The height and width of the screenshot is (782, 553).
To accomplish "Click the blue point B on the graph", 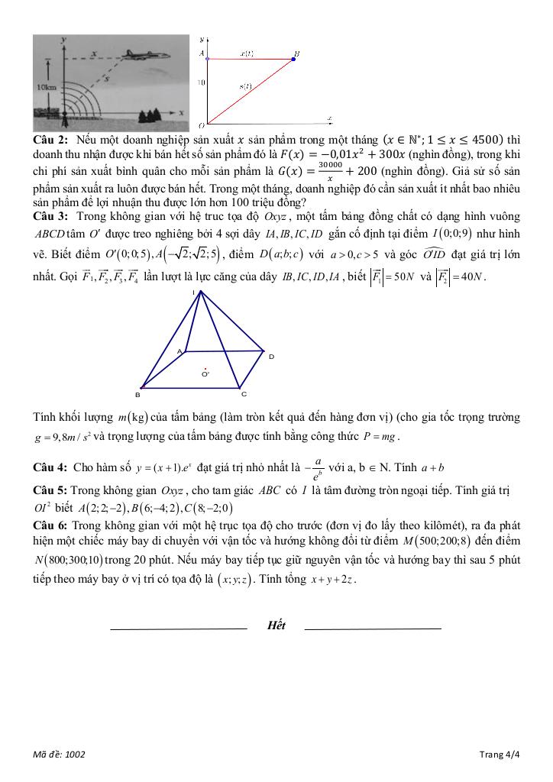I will pyautogui.click(x=296, y=57).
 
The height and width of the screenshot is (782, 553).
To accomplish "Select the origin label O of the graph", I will pyautogui.click(x=201, y=124).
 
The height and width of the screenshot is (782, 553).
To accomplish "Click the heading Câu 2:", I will pyautogui.click(x=50, y=140).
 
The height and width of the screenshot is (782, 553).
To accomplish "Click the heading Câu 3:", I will pyautogui.click(x=50, y=216).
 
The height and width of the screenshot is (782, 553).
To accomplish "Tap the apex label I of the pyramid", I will pyautogui.click(x=202, y=292).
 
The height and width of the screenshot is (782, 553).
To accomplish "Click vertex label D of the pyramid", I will pyautogui.click(x=271, y=357).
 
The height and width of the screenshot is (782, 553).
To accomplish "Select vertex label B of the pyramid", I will pyautogui.click(x=137, y=395).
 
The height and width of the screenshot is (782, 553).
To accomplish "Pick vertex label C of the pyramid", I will pyautogui.click(x=244, y=394).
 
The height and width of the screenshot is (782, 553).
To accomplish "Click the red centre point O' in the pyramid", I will pyautogui.click(x=204, y=369).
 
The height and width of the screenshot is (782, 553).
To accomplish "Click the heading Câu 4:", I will pyautogui.click(x=50, y=467).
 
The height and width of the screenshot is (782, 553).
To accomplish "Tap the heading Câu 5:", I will pyautogui.click(x=50, y=490).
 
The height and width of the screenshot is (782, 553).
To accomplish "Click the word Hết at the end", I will pyautogui.click(x=276, y=625).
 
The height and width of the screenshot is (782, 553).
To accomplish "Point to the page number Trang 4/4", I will pyautogui.click(x=500, y=755).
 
